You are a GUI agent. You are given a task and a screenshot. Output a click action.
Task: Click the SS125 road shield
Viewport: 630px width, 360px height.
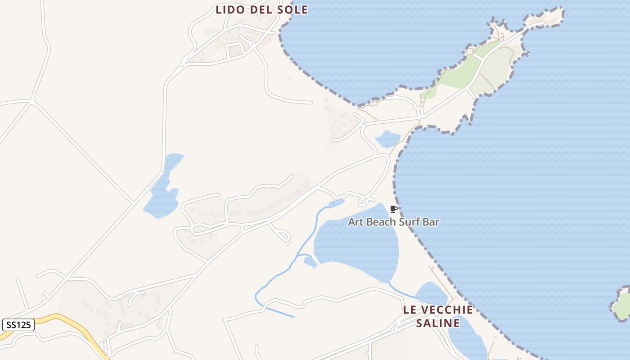pyautogui.click(x=18, y=324)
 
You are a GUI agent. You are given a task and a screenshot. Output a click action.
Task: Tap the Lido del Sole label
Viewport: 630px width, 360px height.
pyautogui.click(x=261, y=9)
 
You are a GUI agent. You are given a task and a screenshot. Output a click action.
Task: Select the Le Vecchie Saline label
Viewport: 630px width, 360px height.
pyautogui.click(x=438, y=316)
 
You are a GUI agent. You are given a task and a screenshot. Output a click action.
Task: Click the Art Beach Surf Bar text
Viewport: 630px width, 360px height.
pyautogui.click(x=393, y=222)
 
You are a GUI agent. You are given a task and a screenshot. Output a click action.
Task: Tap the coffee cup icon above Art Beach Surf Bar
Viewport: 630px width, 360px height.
pyautogui.click(x=393, y=209)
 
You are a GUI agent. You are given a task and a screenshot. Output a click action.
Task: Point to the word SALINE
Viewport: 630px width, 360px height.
pyautogui.click(x=438, y=323)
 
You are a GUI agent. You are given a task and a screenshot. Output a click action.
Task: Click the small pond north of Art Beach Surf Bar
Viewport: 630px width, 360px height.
pyautogui.click(x=387, y=139)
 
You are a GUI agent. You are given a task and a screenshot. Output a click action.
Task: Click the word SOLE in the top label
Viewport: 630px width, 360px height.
pyautogui.click(x=292, y=9)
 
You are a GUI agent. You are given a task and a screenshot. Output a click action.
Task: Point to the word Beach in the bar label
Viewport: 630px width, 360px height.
pyautogui.click(x=383, y=222)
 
